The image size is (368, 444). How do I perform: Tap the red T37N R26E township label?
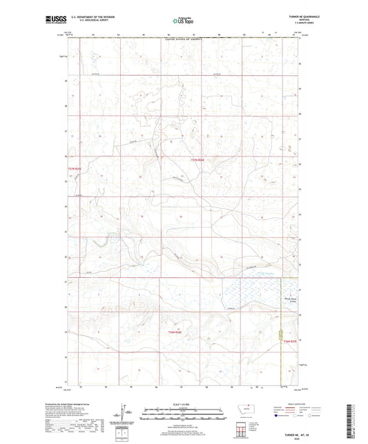click(197, 160)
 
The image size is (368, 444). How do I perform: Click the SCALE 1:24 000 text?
click(184, 404)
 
